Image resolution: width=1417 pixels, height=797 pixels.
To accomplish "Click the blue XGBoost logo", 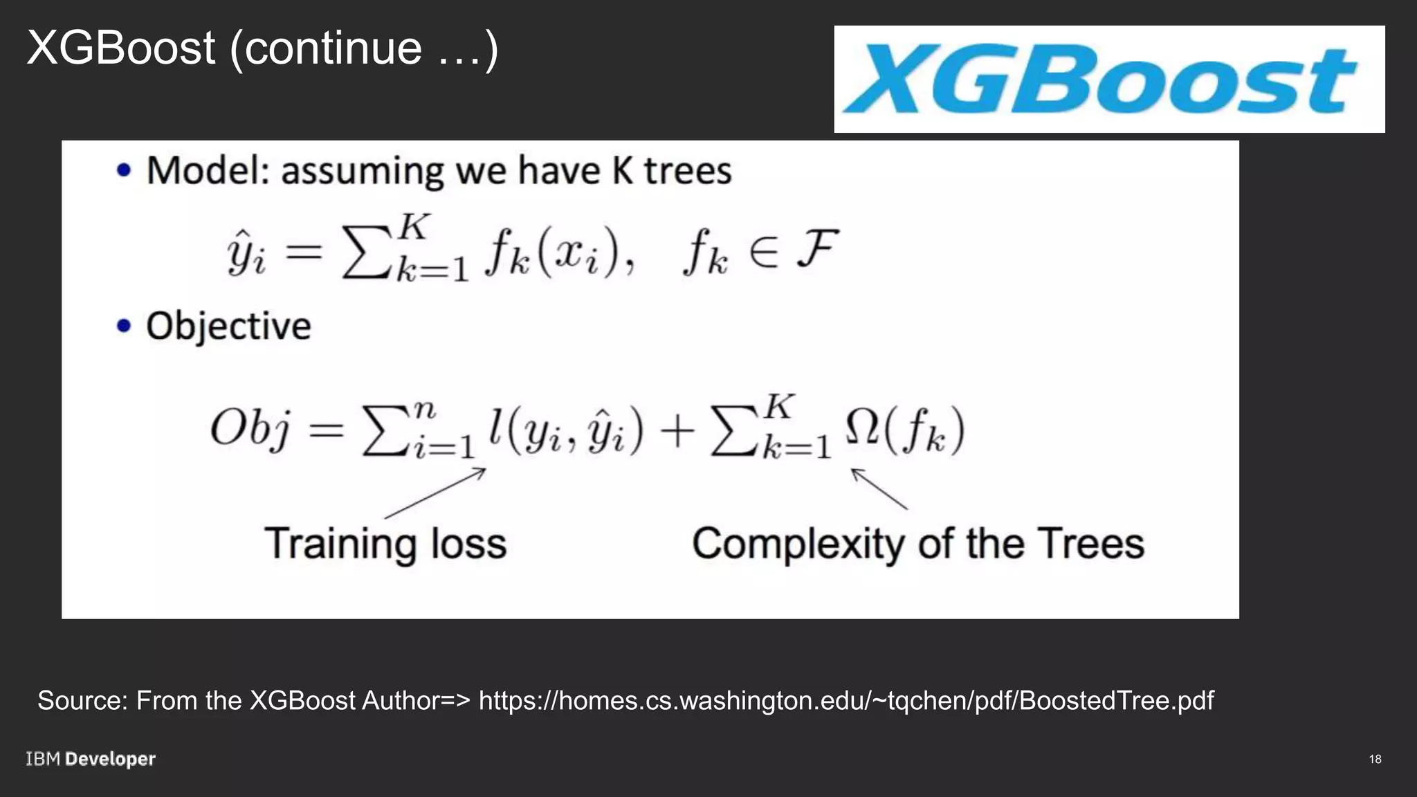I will [1100, 79].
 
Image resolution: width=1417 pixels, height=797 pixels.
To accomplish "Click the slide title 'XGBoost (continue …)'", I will [262, 48].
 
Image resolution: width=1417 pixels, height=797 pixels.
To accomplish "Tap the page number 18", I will [1375, 759].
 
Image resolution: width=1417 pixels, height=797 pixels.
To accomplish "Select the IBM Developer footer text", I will [91, 759].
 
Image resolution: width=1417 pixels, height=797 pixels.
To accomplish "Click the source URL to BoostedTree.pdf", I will [845, 700].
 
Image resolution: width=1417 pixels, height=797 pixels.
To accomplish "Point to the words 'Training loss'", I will [385, 544].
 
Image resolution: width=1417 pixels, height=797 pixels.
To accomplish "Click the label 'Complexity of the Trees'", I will [918, 544].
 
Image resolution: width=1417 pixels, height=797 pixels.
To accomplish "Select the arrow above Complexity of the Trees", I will [879, 488].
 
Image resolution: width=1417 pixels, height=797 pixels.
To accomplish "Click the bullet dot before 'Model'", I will [124, 170].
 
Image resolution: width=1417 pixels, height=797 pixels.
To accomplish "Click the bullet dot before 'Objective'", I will [124, 325].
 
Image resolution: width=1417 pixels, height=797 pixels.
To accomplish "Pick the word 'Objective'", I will [228, 326].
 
